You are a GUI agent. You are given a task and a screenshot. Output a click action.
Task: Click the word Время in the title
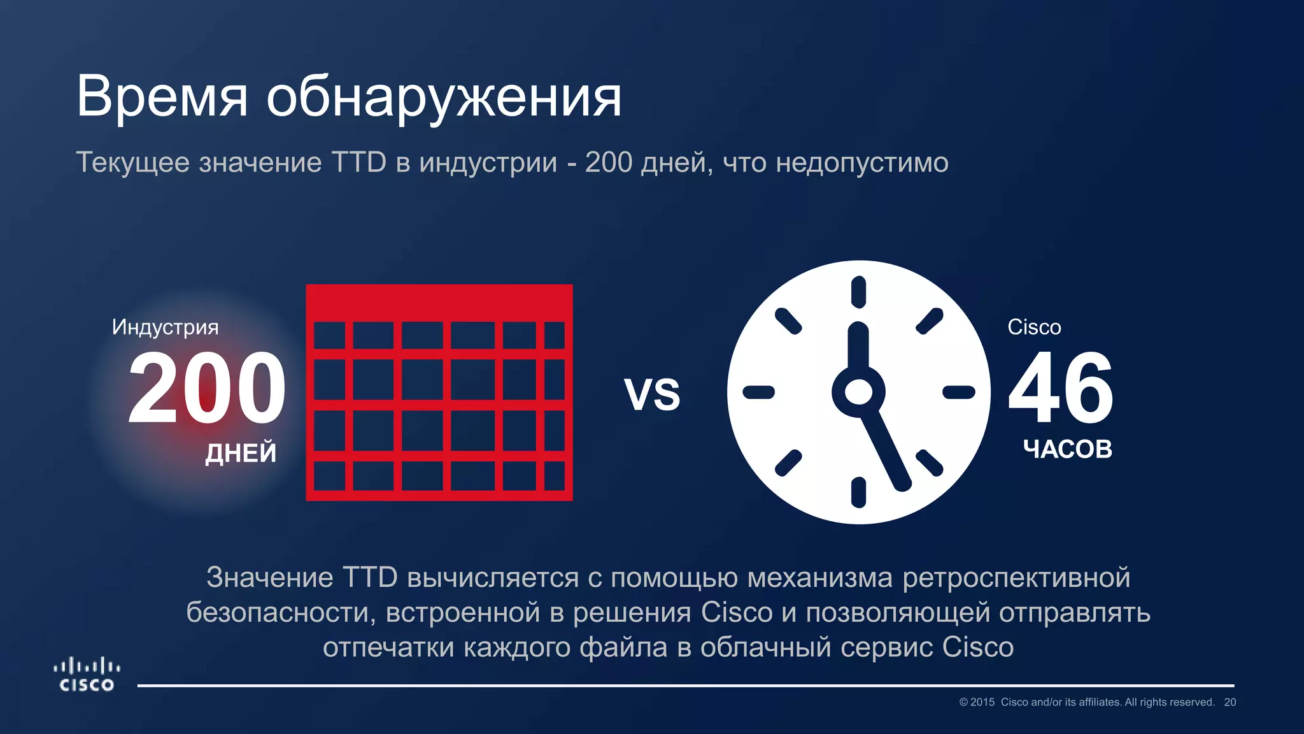(162, 97)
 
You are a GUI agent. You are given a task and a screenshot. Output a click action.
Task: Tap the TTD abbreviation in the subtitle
(358, 162)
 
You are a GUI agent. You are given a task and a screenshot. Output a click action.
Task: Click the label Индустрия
(165, 327)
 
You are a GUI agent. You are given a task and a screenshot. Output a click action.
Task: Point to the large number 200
(207, 388)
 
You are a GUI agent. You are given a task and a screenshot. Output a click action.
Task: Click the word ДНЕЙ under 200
(241, 453)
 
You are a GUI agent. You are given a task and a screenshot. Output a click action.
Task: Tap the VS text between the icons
(652, 394)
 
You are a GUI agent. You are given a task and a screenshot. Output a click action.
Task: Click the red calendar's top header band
(439, 302)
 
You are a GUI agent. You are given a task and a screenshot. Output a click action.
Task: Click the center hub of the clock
(858, 392)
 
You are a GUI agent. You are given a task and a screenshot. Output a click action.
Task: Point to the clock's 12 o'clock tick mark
(858, 292)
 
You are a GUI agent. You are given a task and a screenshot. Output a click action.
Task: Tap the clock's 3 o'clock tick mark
(958, 392)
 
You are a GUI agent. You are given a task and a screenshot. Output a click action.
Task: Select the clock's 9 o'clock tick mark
(759, 392)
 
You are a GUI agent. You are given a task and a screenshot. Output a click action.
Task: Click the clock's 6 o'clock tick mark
(858, 492)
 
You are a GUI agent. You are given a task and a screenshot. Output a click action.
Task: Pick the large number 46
(1061, 388)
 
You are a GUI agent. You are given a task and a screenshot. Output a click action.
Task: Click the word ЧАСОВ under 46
(1068, 449)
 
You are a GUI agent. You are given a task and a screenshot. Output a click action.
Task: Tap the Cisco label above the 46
(1034, 327)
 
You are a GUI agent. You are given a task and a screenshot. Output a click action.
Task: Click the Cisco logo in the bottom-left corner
(87, 675)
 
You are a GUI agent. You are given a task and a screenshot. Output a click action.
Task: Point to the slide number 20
(1230, 702)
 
